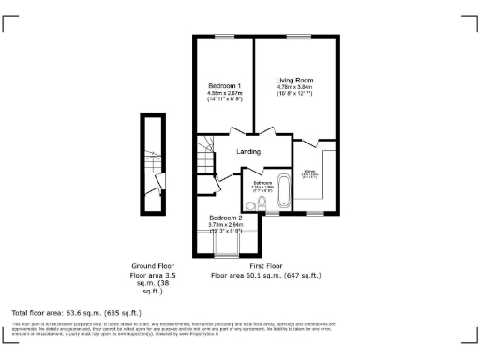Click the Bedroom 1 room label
224,86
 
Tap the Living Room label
292,80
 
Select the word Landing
248,151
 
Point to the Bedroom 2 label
225,217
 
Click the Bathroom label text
262,183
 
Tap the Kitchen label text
308,172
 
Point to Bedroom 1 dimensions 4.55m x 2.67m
224,94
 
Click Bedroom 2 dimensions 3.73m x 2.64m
225,225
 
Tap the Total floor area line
76,312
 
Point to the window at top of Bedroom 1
224,37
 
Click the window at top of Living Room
299,37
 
